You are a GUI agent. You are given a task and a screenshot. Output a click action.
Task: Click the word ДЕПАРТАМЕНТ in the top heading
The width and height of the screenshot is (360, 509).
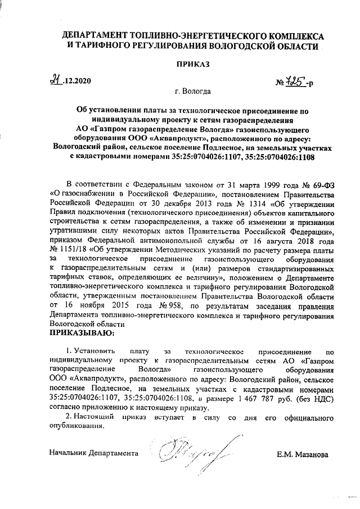point(97,35)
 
